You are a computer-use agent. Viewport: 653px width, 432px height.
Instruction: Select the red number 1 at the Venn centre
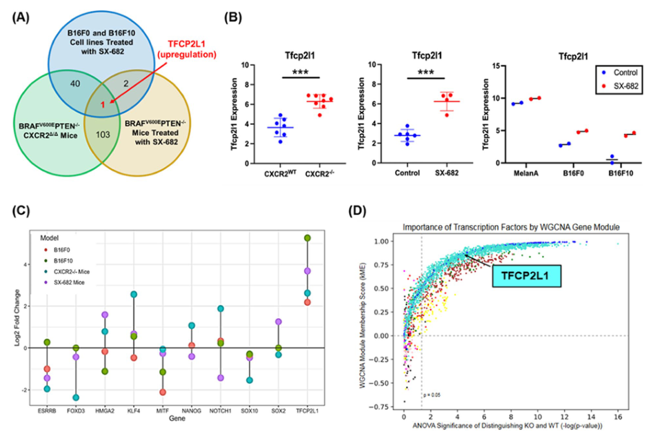click(x=103, y=105)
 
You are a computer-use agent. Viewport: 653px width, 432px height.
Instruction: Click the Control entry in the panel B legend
click(x=614, y=72)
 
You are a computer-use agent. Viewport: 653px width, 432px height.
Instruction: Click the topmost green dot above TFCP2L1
click(x=307, y=238)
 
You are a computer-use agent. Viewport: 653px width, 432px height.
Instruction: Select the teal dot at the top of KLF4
click(x=133, y=294)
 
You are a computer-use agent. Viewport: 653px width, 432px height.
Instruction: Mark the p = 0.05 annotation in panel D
click(x=434, y=396)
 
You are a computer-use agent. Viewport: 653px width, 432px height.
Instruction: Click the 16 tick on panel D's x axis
click(x=618, y=418)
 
